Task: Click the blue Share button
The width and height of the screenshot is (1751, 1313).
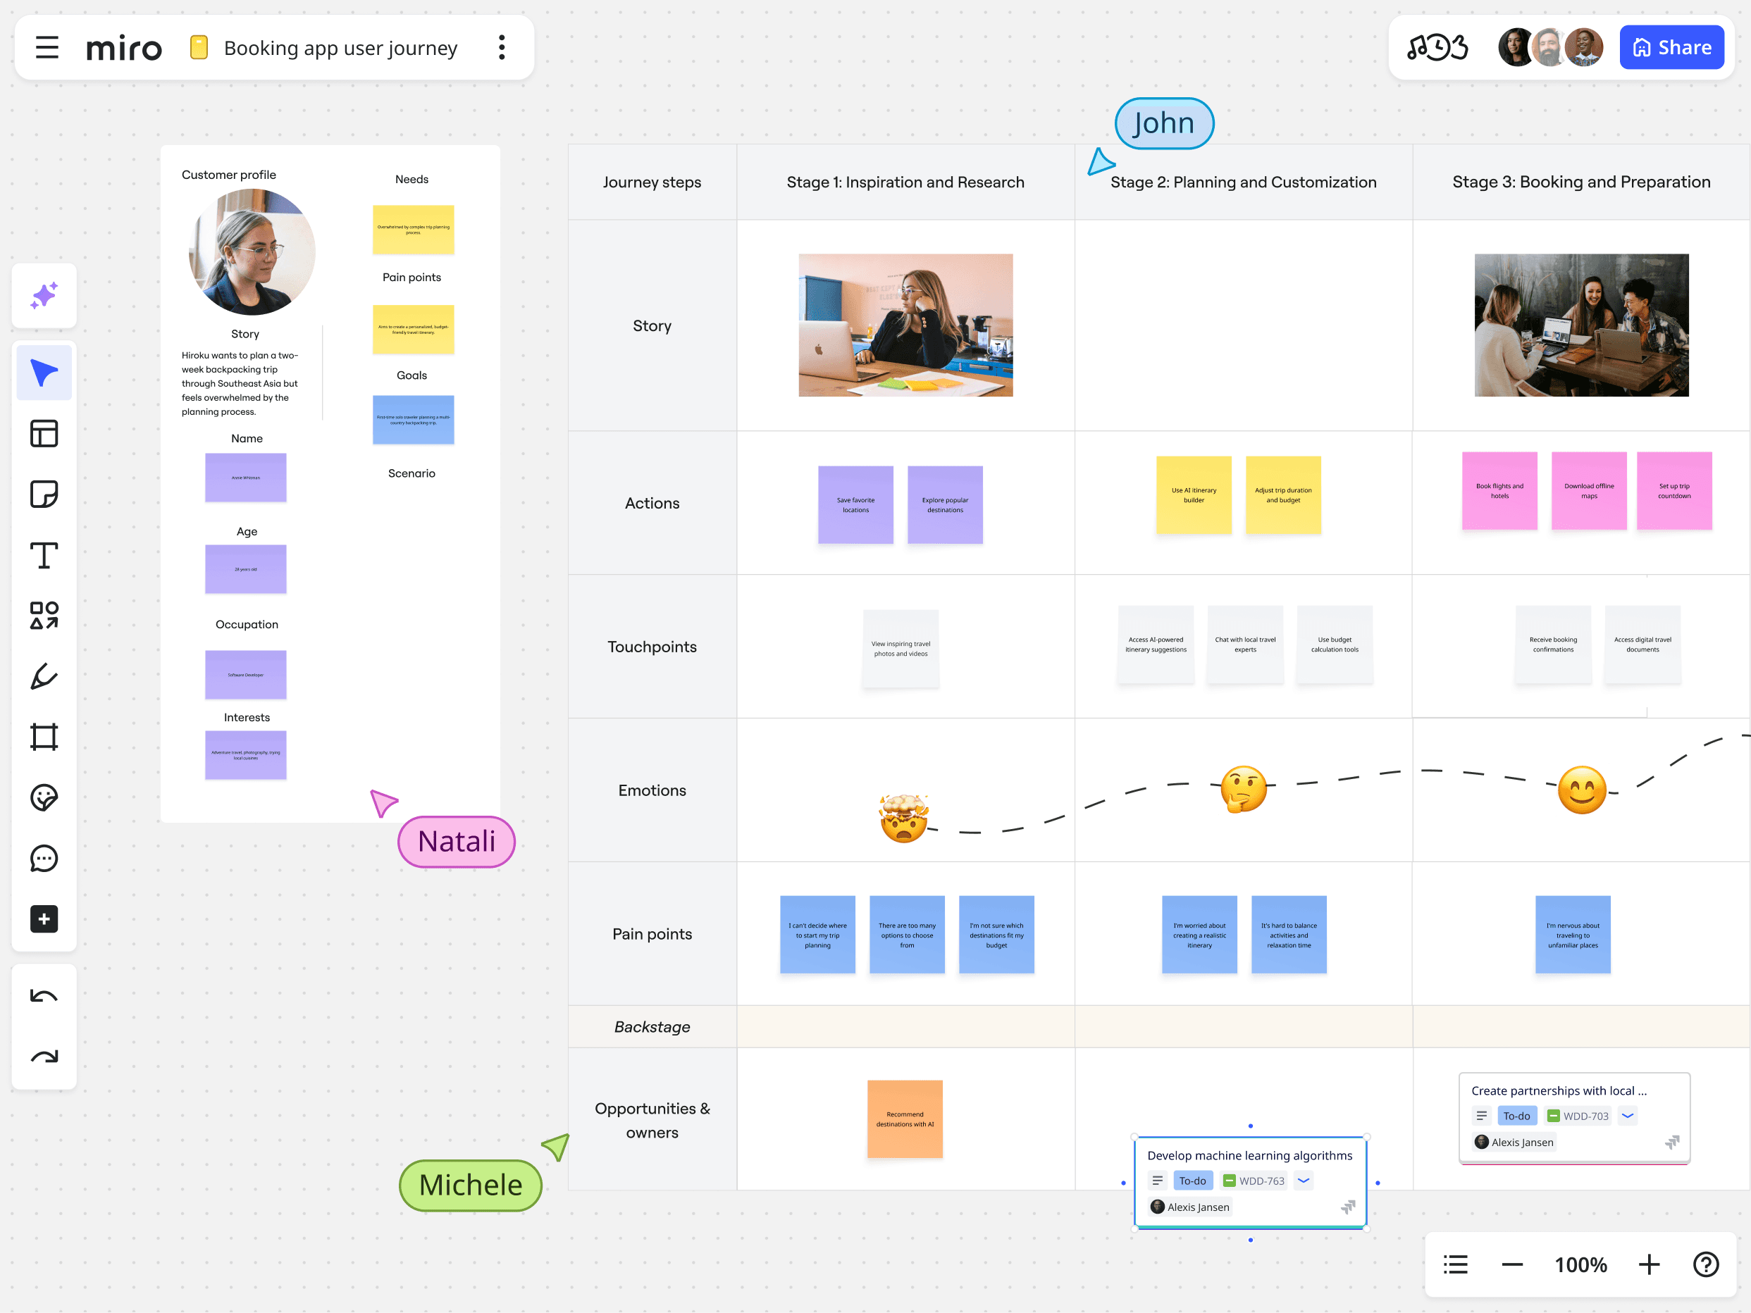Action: pyautogui.click(x=1671, y=47)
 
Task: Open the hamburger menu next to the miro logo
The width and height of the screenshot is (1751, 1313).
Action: pyautogui.click(x=47, y=47)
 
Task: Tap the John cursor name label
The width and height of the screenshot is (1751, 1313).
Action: pyautogui.click(x=1163, y=123)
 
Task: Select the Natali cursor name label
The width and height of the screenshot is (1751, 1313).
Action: pyautogui.click(x=457, y=841)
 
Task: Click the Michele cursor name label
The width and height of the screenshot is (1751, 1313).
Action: pyautogui.click(x=470, y=1185)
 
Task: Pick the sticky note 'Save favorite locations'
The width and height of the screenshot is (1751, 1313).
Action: pyautogui.click(x=855, y=505)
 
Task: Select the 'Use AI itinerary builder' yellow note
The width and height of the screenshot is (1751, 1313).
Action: pyautogui.click(x=1193, y=495)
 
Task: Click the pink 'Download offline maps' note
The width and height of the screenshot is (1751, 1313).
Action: pyautogui.click(x=1588, y=491)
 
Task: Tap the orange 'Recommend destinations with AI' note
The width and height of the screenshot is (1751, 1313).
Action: pyautogui.click(x=904, y=1119)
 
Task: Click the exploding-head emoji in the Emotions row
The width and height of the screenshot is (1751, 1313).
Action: pyautogui.click(x=903, y=819)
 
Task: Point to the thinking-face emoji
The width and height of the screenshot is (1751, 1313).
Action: pyautogui.click(x=1243, y=789)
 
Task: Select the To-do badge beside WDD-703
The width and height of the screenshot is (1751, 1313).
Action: pyautogui.click(x=1516, y=1116)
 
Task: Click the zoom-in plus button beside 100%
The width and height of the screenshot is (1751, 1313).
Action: pyautogui.click(x=1648, y=1264)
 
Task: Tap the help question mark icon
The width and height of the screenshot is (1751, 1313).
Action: pyautogui.click(x=1705, y=1264)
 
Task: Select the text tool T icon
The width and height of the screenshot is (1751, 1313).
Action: pyautogui.click(x=44, y=556)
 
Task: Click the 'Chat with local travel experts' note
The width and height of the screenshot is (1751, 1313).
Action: pyautogui.click(x=1244, y=645)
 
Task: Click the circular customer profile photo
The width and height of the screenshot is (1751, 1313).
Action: pyautogui.click(x=252, y=252)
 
